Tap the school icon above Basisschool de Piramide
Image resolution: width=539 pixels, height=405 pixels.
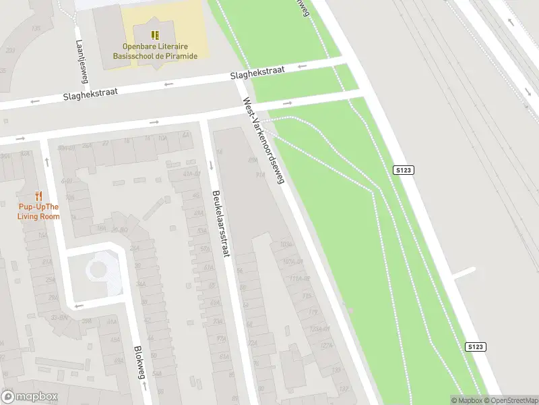[x=156, y=35]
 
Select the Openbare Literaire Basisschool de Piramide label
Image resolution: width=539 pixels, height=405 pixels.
[x=160, y=51]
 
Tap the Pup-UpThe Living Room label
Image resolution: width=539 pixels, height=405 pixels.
[x=38, y=211]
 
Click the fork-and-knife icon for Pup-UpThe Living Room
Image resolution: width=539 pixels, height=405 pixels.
[x=38, y=196]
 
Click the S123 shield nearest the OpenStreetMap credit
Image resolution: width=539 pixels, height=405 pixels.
[x=475, y=347]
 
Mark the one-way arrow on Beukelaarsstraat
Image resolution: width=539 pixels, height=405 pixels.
[x=211, y=164]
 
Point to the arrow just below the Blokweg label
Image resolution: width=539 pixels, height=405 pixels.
[x=143, y=387]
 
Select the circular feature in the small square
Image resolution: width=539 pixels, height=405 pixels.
[x=98, y=269]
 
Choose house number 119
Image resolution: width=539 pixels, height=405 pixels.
[x=312, y=312]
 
